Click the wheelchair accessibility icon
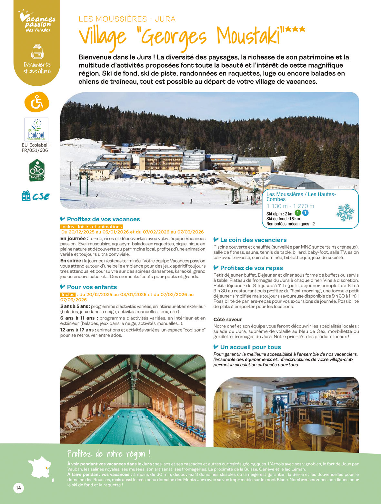click(x=37, y=102)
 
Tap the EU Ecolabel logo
click(x=36, y=129)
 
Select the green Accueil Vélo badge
click(x=36, y=170)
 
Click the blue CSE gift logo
click(x=35, y=196)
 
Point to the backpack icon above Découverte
click(x=37, y=52)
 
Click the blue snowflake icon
click(x=345, y=212)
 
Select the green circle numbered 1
click(x=298, y=213)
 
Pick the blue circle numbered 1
click(x=305, y=213)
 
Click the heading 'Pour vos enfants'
click(x=92, y=287)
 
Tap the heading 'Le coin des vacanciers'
click(x=253, y=240)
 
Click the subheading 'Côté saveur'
click(x=227, y=319)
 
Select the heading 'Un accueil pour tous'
click(x=250, y=347)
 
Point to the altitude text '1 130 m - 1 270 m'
click(x=290, y=206)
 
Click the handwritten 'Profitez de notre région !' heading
click(x=109, y=454)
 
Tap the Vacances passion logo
click(x=37, y=22)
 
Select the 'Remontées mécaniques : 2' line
click(x=290, y=224)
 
